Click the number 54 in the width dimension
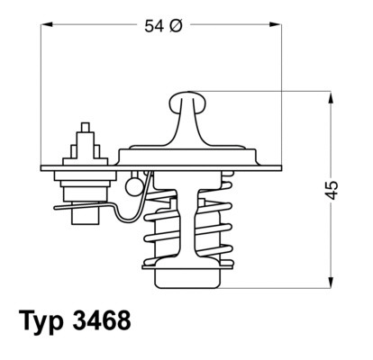[x=153, y=26]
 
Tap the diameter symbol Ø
[x=176, y=26]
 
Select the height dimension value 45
[x=333, y=189]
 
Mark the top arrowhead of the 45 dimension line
[x=320, y=94]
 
